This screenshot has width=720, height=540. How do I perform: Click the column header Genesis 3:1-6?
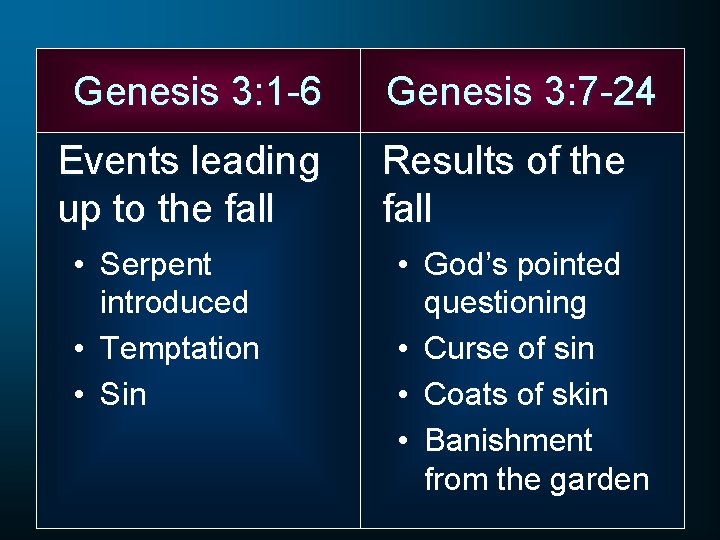click(x=197, y=92)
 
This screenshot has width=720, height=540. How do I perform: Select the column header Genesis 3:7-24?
click(x=521, y=92)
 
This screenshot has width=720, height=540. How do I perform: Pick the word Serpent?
click(x=156, y=266)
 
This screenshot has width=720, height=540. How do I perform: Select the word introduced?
click(x=174, y=302)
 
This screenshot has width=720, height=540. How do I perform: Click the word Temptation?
click(x=179, y=349)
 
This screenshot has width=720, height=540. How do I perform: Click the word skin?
click(x=577, y=395)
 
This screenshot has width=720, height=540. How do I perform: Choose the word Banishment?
click(x=508, y=441)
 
